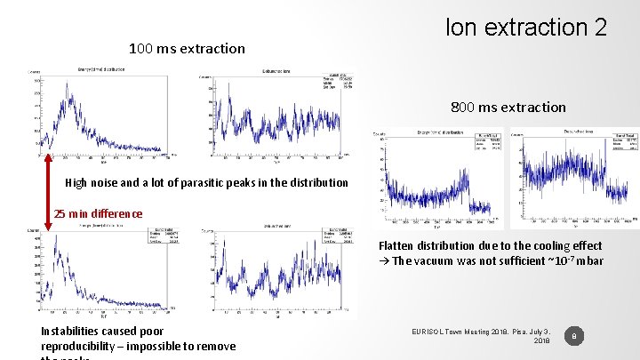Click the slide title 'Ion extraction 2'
[x=526, y=27]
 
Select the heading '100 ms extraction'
[x=187, y=48]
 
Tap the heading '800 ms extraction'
[x=508, y=107]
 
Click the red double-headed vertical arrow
[x=48, y=191]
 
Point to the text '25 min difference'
[x=98, y=213]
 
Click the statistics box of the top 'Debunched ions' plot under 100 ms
[x=340, y=83]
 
